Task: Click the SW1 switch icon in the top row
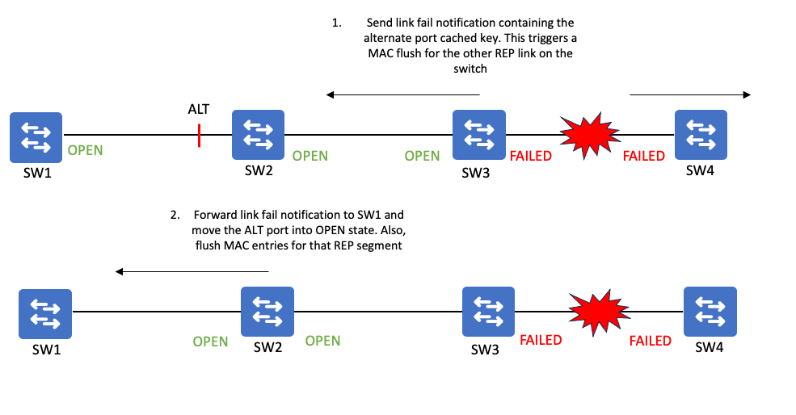(x=36, y=135)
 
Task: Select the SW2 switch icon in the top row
(x=258, y=134)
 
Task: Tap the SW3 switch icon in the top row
(x=479, y=135)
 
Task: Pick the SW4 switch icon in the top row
(x=700, y=134)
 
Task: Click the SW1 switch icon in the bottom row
(x=45, y=313)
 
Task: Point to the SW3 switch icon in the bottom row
(x=488, y=313)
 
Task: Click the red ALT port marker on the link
(x=199, y=135)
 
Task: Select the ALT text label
(x=199, y=109)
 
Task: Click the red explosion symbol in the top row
(x=588, y=134)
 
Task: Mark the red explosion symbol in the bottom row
(x=597, y=313)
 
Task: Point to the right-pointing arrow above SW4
(x=690, y=95)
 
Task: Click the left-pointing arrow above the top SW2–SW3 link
(x=403, y=95)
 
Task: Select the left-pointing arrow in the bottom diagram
(x=192, y=271)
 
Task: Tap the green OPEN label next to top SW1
(x=85, y=150)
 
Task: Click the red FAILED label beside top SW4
(x=643, y=156)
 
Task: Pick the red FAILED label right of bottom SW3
(x=541, y=340)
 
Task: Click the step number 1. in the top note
(x=336, y=23)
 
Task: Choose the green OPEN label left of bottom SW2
(x=210, y=342)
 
